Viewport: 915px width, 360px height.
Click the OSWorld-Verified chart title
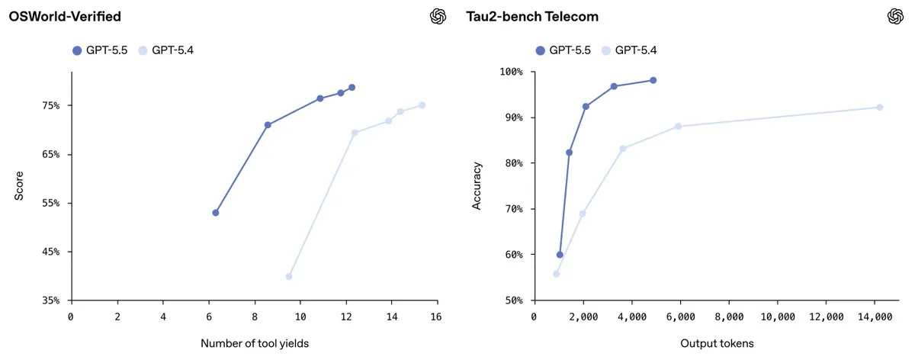click(64, 16)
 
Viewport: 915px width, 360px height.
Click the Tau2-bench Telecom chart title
click(532, 16)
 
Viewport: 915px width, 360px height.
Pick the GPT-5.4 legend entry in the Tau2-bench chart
click(628, 50)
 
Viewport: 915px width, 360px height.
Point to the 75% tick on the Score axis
click(50, 105)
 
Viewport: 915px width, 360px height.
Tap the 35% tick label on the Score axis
click(50, 301)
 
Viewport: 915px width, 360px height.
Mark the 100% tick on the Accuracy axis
click(510, 72)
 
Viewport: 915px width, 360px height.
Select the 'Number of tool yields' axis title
click(255, 343)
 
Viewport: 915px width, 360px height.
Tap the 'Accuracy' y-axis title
click(477, 185)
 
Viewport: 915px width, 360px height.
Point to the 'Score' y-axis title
click(20, 186)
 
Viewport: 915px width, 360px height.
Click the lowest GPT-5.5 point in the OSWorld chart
click(216, 213)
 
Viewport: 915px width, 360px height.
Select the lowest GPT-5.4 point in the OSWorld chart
click(289, 276)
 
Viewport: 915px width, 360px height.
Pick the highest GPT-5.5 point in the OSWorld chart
click(352, 87)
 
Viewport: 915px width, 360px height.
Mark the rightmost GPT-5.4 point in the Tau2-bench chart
click(879, 108)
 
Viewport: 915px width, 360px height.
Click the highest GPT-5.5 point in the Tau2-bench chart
click(653, 80)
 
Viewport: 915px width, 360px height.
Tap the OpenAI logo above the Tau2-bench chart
click(895, 16)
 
